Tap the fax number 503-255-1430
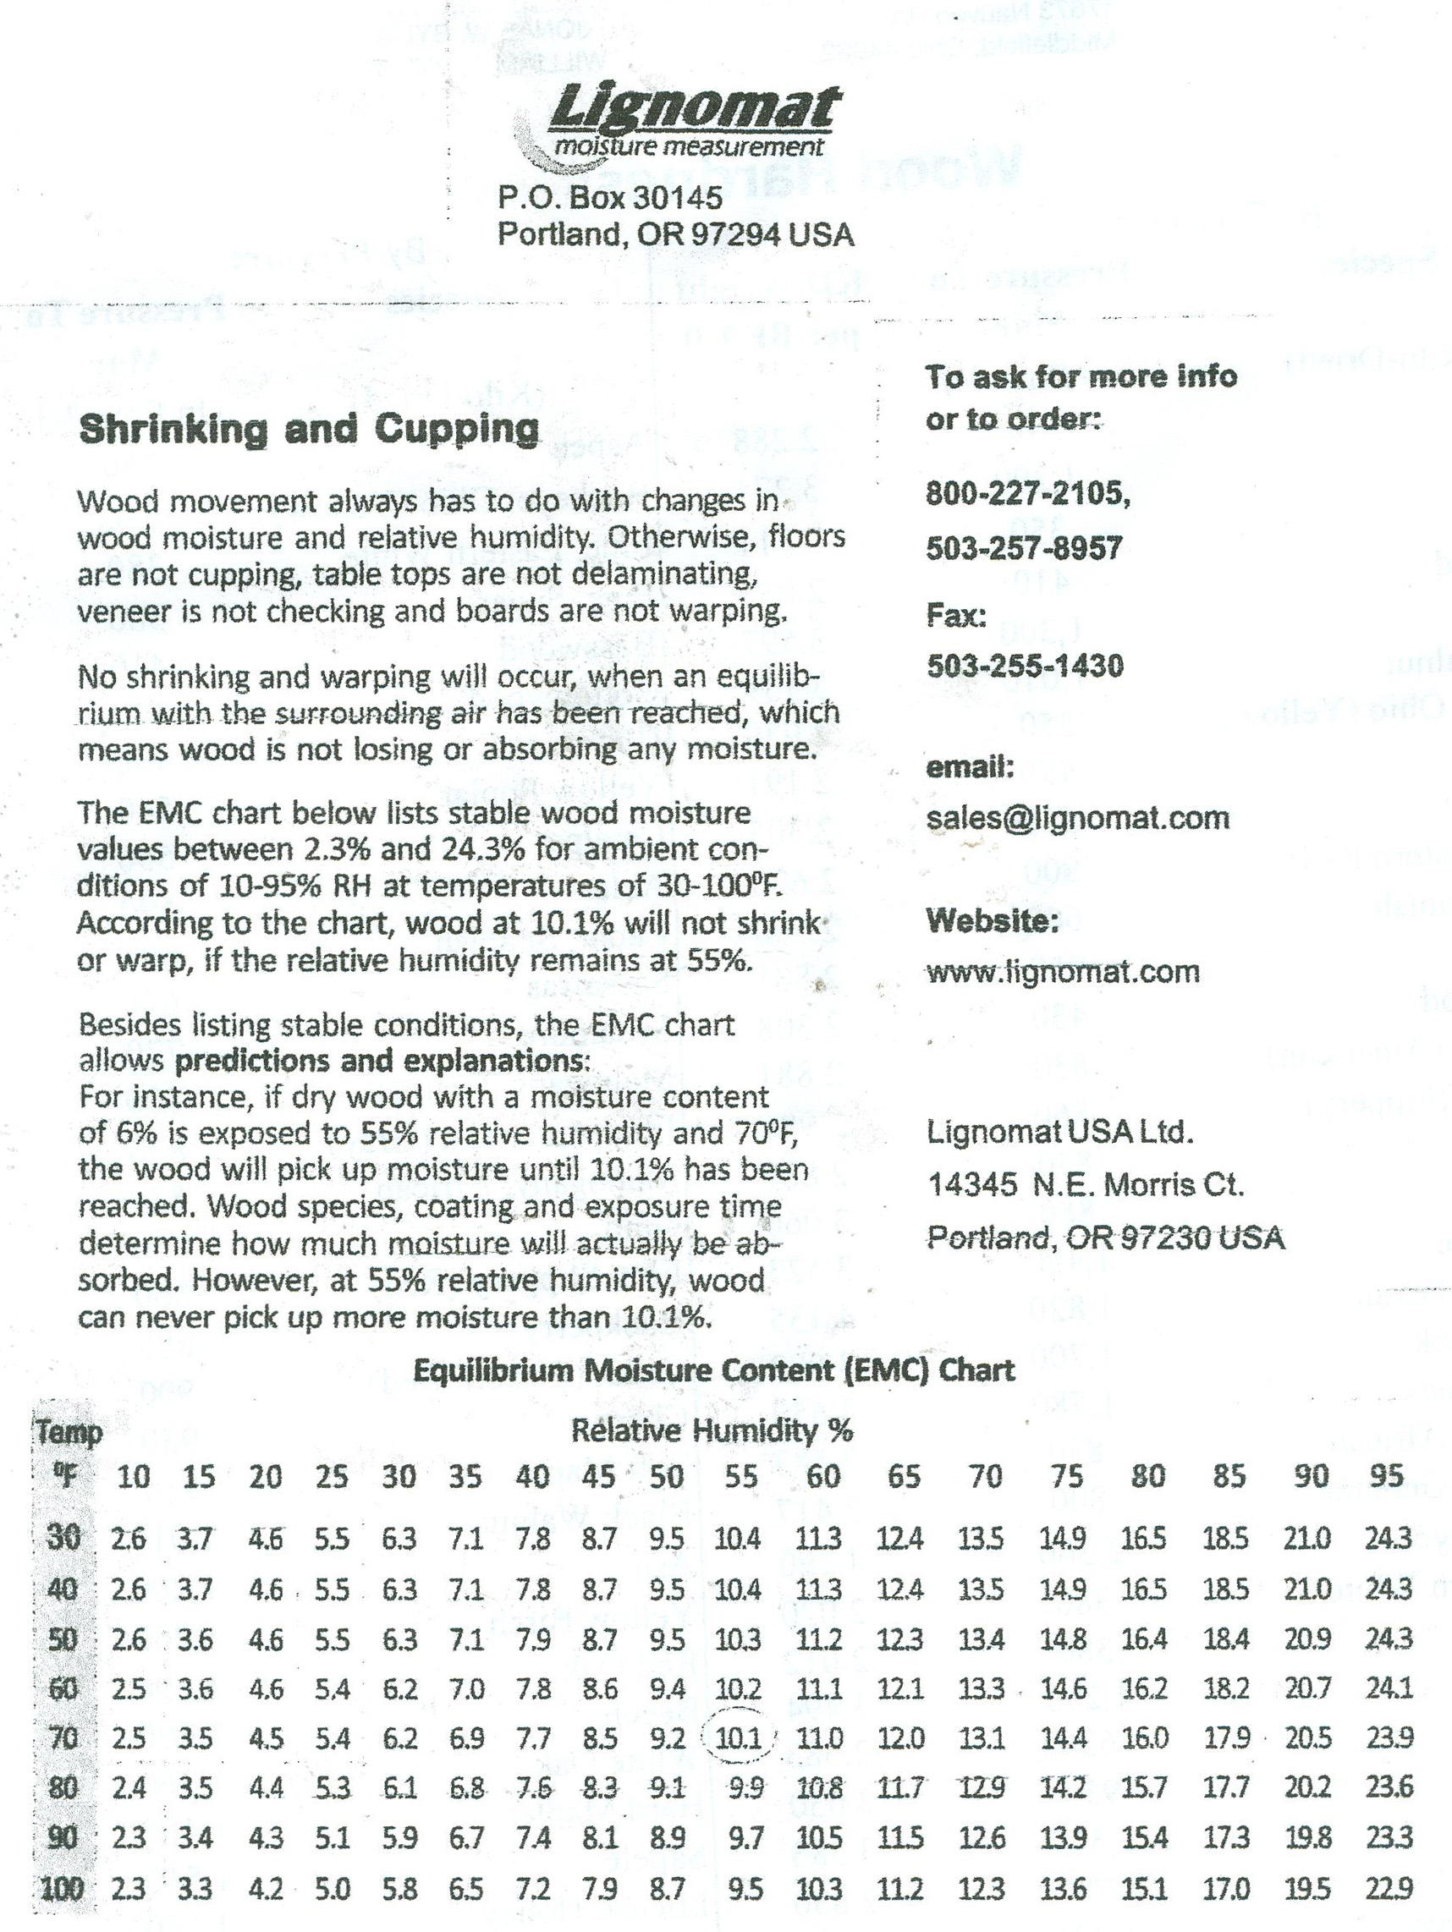coord(1025,667)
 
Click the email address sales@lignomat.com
coord(1078,817)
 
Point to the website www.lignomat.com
coord(1064,971)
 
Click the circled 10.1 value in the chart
coord(738,1738)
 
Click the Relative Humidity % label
coord(712,1430)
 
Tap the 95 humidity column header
coord(1388,1476)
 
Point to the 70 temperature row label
coord(63,1738)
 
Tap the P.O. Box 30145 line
coord(610,198)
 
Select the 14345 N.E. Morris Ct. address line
coord(1086,1185)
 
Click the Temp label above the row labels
coord(69,1432)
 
